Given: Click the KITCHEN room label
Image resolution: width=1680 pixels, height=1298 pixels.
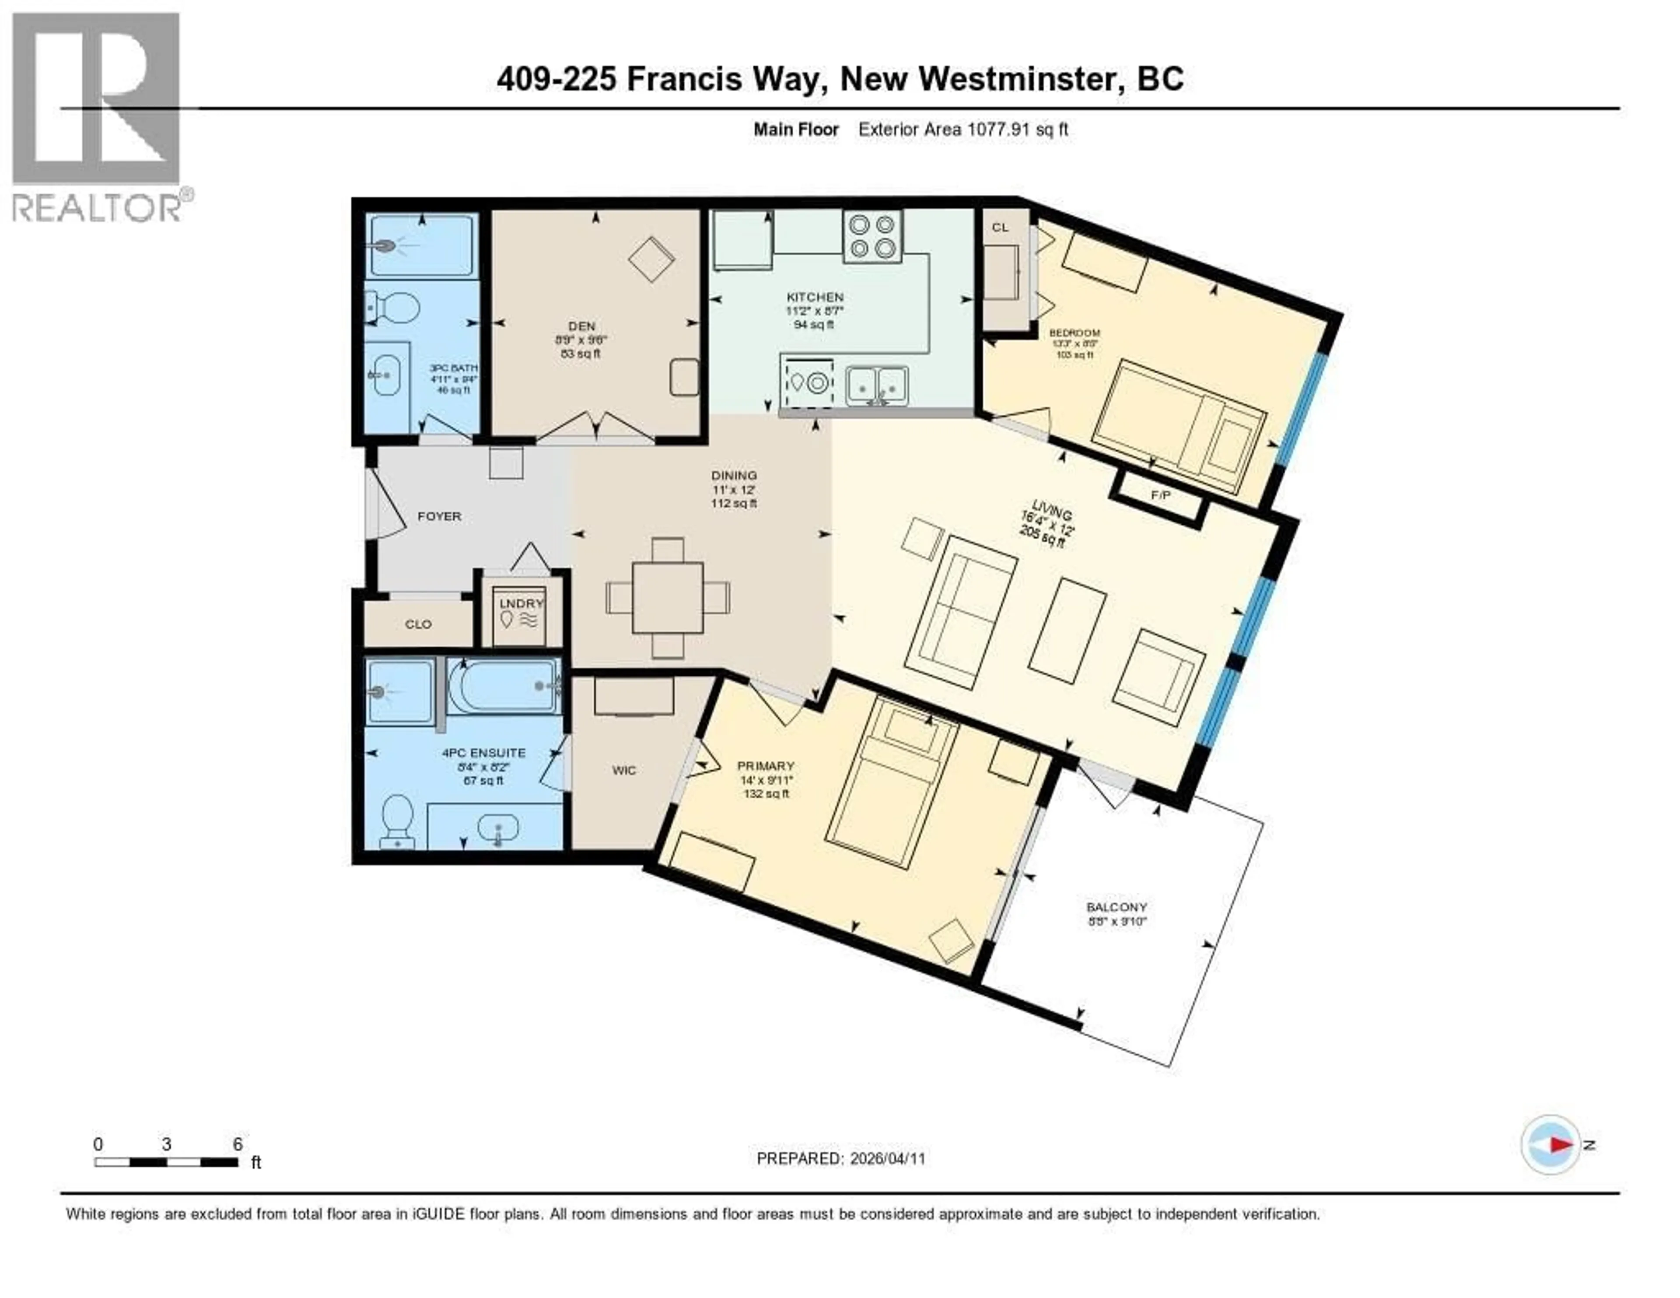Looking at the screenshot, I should click(x=815, y=297).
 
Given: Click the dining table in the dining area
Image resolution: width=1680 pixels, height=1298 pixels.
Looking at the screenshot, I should click(x=668, y=598).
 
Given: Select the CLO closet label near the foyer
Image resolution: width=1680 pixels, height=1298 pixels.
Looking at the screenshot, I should click(x=418, y=624).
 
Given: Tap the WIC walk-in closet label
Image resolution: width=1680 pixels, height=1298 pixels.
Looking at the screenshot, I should click(x=624, y=770).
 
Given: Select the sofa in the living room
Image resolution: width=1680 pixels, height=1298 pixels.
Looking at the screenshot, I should click(x=960, y=612).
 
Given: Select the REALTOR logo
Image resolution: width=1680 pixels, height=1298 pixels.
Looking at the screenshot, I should click(x=98, y=116).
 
